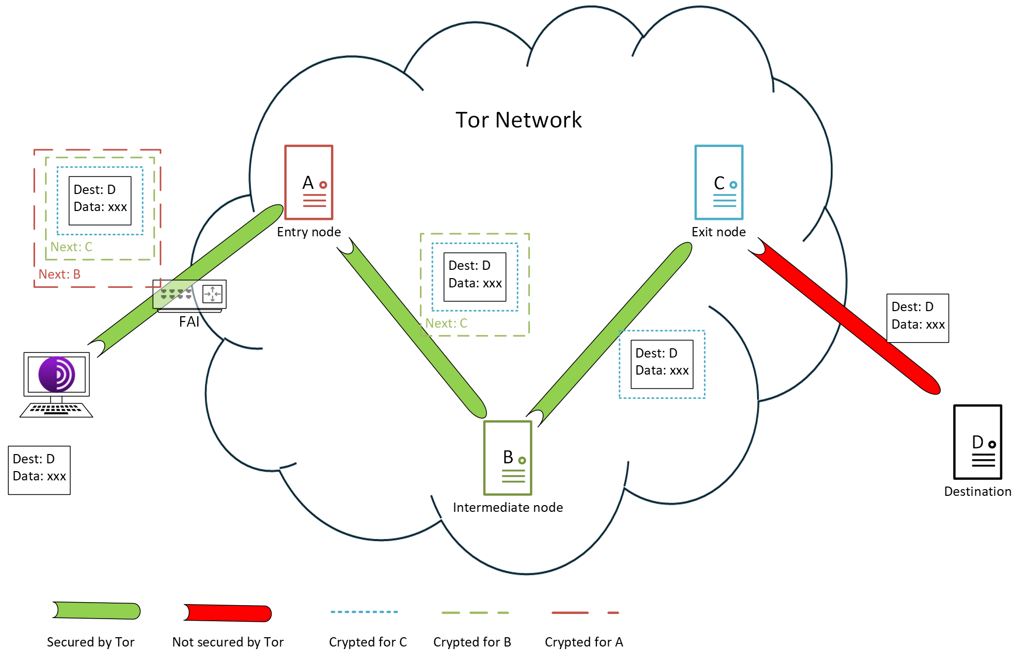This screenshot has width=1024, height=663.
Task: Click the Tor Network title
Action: tap(518, 120)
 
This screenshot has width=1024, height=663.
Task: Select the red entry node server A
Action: tap(309, 183)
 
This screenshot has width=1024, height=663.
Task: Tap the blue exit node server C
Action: tap(719, 183)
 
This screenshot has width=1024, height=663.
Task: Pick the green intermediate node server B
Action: tap(508, 458)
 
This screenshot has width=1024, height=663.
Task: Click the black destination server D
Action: tap(978, 442)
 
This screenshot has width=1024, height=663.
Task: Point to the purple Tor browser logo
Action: tap(57, 374)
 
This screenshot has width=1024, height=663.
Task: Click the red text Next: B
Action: tap(59, 274)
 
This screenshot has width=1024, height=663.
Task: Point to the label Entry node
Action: tap(309, 232)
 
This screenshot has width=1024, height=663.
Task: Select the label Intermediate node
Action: tap(508, 508)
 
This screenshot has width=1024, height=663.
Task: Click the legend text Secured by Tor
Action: tap(90, 642)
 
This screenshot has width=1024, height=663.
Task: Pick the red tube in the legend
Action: tap(228, 613)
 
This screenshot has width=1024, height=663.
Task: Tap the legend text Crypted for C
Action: tap(368, 642)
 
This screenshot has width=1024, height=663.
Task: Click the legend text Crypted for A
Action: tap(584, 642)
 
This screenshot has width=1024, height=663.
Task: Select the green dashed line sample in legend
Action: tap(475, 613)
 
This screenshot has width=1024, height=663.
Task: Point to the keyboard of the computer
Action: tap(56, 410)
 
